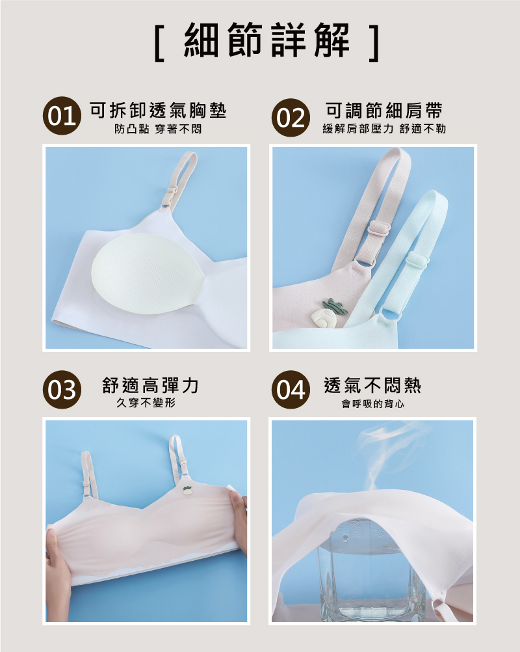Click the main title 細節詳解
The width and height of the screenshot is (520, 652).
[x=266, y=40]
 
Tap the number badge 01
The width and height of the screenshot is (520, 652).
[x=62, y=116]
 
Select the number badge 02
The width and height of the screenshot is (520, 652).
[x=291, y=118]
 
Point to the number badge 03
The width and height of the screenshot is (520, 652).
[x=62, y=390]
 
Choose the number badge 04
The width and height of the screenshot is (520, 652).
[x=291, y=390]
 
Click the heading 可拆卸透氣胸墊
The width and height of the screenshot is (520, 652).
[x=158, y=110]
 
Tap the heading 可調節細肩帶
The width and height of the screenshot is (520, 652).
[x=383, y=110]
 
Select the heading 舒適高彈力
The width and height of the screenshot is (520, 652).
[x=150, y=385]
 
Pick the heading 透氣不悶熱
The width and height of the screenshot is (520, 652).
[x=372, y=385]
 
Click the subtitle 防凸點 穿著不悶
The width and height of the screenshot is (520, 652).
[x=158, y=129]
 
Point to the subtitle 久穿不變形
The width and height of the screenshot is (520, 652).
[x=146, y=403]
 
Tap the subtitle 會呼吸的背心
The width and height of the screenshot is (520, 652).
[x=372, y=403]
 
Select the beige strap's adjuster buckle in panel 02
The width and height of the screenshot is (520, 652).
[x=380, y=228]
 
